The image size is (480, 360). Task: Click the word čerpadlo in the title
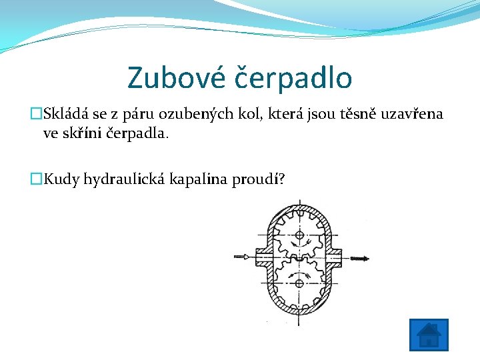(x=294, y=77)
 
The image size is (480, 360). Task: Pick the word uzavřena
(x=411, y=114)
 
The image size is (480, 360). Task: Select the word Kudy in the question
(x=61, y=179)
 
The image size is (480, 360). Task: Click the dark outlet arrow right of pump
(x=357, y=258)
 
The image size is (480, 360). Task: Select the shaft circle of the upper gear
(x=299, y=237)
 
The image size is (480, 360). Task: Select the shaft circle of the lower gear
(x=299, y=284)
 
